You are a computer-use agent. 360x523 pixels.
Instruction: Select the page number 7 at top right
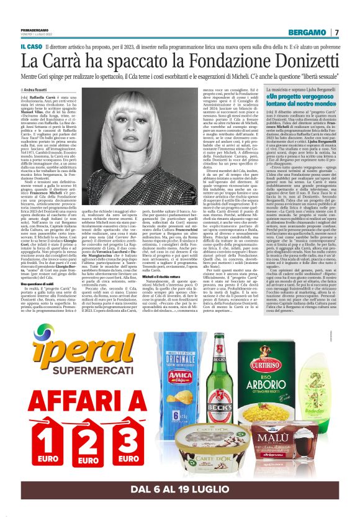point(336,32)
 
